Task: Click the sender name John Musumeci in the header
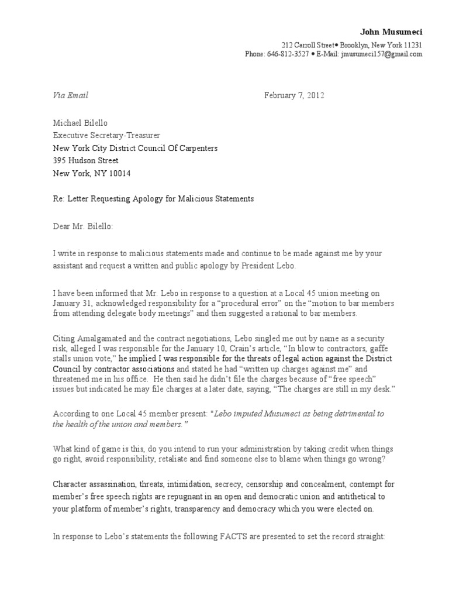tap(391, 32)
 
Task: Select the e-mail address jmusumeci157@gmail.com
tap(383, 54)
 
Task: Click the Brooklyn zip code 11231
tap(412, 45)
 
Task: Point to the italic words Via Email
tap(70, 95)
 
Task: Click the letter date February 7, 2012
tap(294, 95)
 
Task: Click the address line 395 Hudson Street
tap(85, 160)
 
